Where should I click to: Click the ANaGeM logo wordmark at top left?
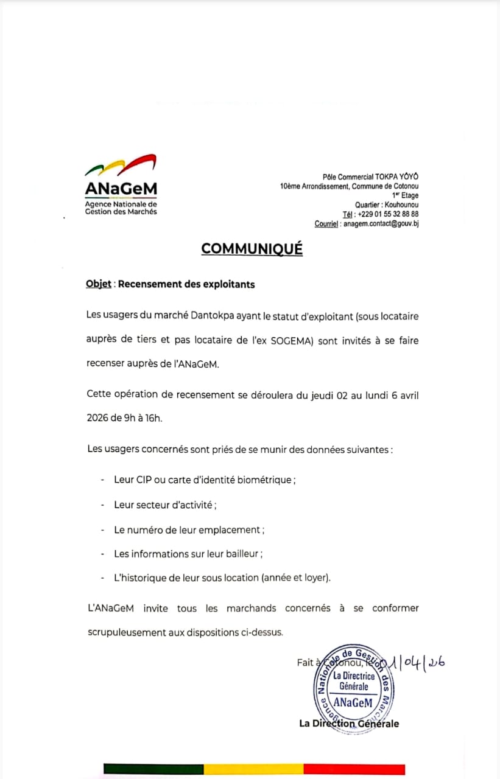(121, 189)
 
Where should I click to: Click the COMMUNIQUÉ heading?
(252, 249)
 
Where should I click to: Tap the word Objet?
(99, 284)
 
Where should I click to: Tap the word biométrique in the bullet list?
(266, 480)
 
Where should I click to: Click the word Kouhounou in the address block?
(401, 205)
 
